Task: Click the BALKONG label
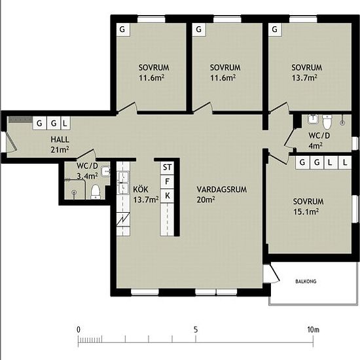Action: coord(306,281)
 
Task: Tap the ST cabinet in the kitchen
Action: coord(167,168)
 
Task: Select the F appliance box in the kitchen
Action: coord(167,181)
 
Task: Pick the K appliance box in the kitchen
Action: coord(167,196)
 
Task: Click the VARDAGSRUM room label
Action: coord(221,190)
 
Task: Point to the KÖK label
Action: coord(141,190)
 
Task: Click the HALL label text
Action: coord(60,139)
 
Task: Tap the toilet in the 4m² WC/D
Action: coord(327,122)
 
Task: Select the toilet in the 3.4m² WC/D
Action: coord(96,192)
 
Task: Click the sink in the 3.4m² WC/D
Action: coord(105,171)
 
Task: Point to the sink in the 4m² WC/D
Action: coord(313,119)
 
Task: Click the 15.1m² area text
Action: coord(306,211)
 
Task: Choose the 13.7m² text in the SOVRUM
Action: coord(304,78)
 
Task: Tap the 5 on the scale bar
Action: coord(196,330)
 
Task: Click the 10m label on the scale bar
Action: coord(313,330)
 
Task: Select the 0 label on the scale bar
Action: coord(79,330)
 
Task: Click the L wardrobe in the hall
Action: coord(65,123)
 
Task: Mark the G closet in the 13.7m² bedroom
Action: coord(275,29)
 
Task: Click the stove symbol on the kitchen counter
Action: coord(123,220)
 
